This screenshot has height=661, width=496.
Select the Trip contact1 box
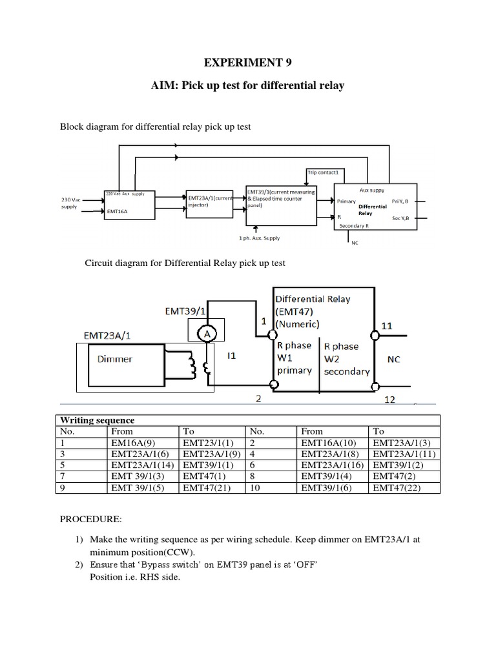[x=327, y=172]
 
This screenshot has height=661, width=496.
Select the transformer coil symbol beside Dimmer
[x=191, y=367]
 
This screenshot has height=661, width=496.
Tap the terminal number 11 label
[x=386, y=327]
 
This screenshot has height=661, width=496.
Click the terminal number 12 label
[x=390, y=400]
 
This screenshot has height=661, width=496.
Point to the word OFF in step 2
[x=303, y=565]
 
